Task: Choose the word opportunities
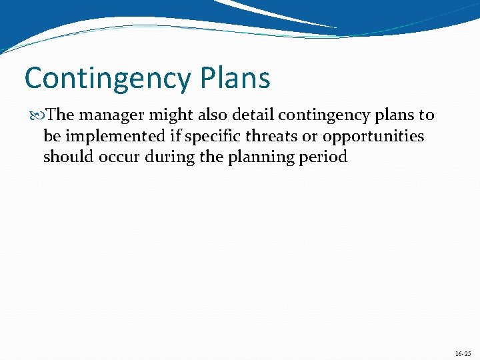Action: pyautogui.click(x=373, y=137)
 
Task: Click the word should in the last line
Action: pyautogui.click(x=65, y=157)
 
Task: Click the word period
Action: pyautogui.click(x=325, y=158)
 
